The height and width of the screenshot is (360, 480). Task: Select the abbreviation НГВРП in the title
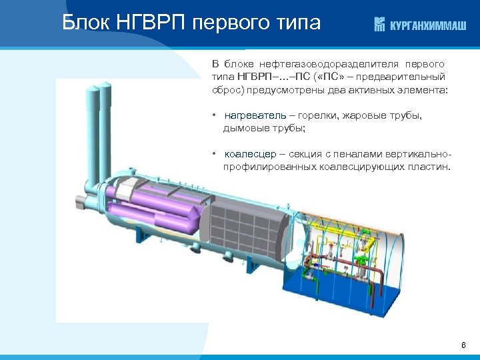(x=152, y=23)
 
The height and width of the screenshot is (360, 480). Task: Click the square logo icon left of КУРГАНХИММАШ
(x=379, y=25)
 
